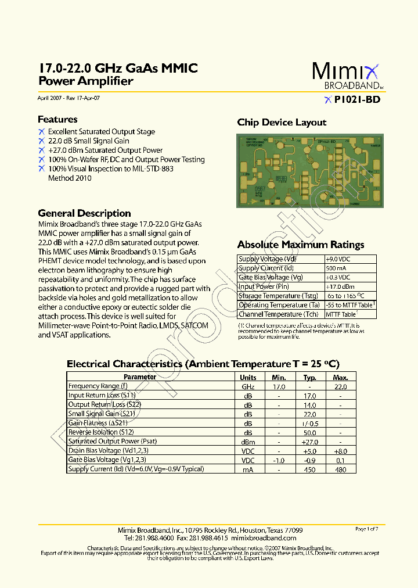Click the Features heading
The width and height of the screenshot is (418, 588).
[x=57, y=119]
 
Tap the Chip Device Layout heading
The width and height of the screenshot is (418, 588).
[x=282, y=122]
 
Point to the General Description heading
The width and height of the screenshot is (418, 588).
[x=84, y=213]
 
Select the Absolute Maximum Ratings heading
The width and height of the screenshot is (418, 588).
[x=301, y=245]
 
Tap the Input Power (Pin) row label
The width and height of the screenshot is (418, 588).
[x=264, y=286]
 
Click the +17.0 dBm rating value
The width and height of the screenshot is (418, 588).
[x=341, y=286]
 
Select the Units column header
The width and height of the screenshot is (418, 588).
[x=248, y=377]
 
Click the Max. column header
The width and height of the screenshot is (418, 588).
[x=340, y=377]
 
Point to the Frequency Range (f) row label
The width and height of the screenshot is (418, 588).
[x=95, y=386]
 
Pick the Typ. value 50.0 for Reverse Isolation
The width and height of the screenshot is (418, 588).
[x=309, y=433]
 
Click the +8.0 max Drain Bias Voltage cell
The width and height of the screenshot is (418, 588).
[x=340, y=451]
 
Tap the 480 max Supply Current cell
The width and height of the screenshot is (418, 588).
[x=340, y=469]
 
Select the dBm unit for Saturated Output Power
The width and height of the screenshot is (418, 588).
[x=248, y=442]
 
